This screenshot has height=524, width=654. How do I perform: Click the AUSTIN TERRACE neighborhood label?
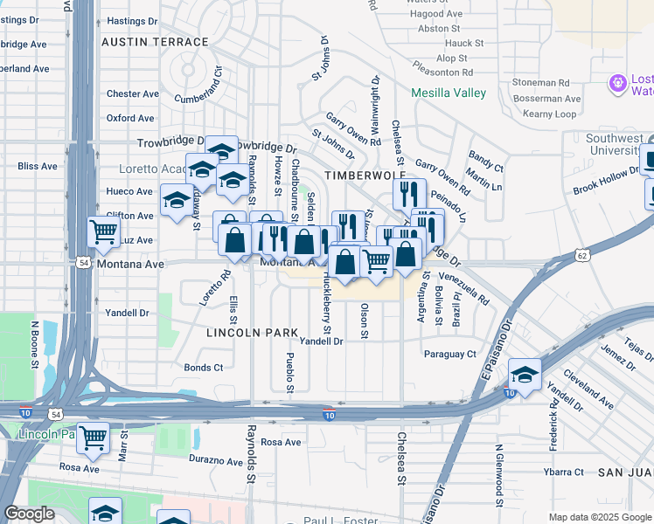155,42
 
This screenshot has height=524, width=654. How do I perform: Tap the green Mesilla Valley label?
449,93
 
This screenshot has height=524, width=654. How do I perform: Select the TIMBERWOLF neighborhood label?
355,176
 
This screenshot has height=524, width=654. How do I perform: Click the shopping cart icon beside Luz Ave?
104,232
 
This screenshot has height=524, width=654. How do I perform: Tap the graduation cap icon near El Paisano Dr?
525,376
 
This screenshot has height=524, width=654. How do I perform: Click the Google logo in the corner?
29,514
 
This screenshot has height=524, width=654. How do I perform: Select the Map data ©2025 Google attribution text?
599,517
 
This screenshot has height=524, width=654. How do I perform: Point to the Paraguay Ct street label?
449,354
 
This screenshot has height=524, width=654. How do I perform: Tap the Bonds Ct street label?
204,368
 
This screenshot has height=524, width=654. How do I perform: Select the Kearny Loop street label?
550,114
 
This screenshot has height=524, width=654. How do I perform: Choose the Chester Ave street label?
133,93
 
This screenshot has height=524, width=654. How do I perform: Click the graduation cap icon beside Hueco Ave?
177,200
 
